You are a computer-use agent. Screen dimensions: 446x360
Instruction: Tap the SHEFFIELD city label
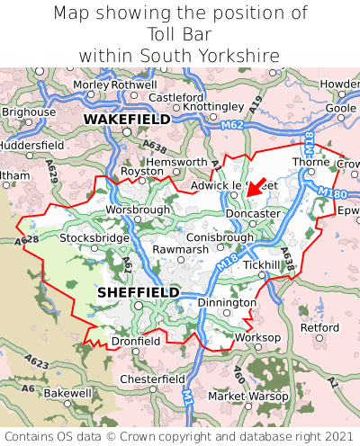(138, 293)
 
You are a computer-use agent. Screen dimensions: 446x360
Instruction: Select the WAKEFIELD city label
(127, 119)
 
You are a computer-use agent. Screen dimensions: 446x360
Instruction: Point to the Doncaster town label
(254, 213)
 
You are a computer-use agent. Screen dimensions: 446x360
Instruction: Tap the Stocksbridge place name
(94, 238)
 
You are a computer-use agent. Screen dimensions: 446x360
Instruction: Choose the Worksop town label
(257, 337)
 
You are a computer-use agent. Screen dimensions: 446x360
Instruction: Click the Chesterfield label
(153, 379)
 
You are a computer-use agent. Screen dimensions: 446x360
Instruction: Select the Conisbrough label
(220, 237)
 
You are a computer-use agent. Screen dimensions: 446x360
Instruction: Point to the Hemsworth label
(177, 162)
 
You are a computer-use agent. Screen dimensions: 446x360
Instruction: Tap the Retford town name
(319, 327)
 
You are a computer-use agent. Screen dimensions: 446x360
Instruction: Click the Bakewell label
(67, 393)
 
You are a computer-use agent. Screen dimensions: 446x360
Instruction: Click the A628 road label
(26, 241)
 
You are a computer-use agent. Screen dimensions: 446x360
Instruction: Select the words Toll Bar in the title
(180, 34)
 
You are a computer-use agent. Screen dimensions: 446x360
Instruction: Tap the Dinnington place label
(227, 303)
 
